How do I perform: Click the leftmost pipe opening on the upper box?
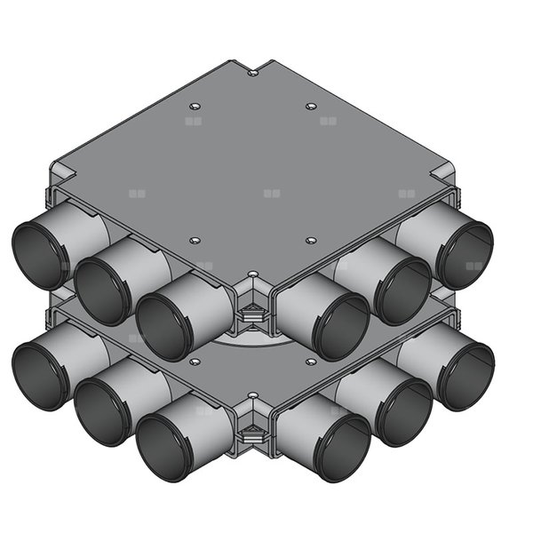click(x=40, y=255)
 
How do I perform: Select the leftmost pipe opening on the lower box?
click(x=40, y=376)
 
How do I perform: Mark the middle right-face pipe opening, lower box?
click(x=402, y=410)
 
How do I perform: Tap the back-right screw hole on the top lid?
click(x=311, y=106)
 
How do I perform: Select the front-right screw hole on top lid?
click(x=311, y=240)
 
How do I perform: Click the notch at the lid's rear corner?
click(x=253, y=71)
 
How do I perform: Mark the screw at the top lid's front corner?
click(x=253, y=274)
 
